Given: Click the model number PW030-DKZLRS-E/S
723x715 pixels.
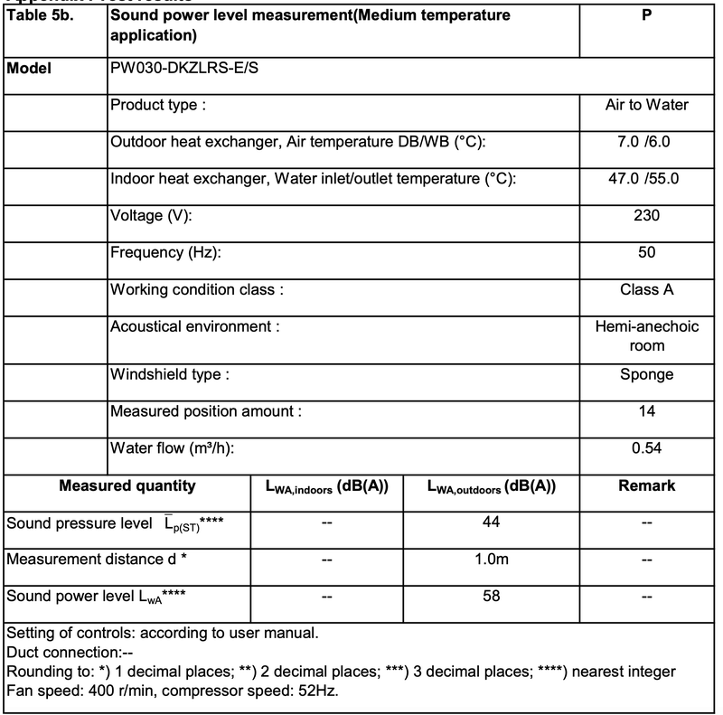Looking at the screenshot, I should pyautogui.click(x=187, y=68).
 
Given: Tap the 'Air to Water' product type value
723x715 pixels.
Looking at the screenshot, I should pyautogui.click(x=646, y=105).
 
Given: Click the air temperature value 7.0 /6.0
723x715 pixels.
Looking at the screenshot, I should pyautogui.click(x=646, y=143).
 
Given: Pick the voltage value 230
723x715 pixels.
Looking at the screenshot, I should pyautogui.click(x=646, y=216).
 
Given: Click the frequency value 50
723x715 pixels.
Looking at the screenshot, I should pyautogui.click(x=646, y=253).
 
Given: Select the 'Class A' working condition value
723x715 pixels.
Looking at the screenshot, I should pyautogui.click(x=646, y=290).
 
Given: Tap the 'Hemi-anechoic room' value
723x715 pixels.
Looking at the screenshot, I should pyautogui.click(x=646, y=335).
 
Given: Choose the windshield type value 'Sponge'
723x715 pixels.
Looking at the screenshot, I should pyautogui.click(x=646, y=374).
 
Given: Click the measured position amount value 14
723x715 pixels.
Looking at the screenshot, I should pyautogui.click(x=646, y=410).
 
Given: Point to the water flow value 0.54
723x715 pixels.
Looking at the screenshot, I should pyautogui.click(x=646, y=447).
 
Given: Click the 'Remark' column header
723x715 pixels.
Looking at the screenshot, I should pyautogui.click(x=646, y=485).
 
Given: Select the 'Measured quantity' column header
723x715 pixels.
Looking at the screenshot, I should pyautogui.click(x=127, y=485).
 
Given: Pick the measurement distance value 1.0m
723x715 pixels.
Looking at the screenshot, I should pyautogui.click(x=491, y=560).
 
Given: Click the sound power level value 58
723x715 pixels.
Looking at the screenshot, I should pyautogui.click(x=491, y=596).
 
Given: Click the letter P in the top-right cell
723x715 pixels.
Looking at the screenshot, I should pyautogui.click(x=646, y=15).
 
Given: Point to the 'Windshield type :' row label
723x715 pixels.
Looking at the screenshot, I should pyautogui.click(x=169, y=373).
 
